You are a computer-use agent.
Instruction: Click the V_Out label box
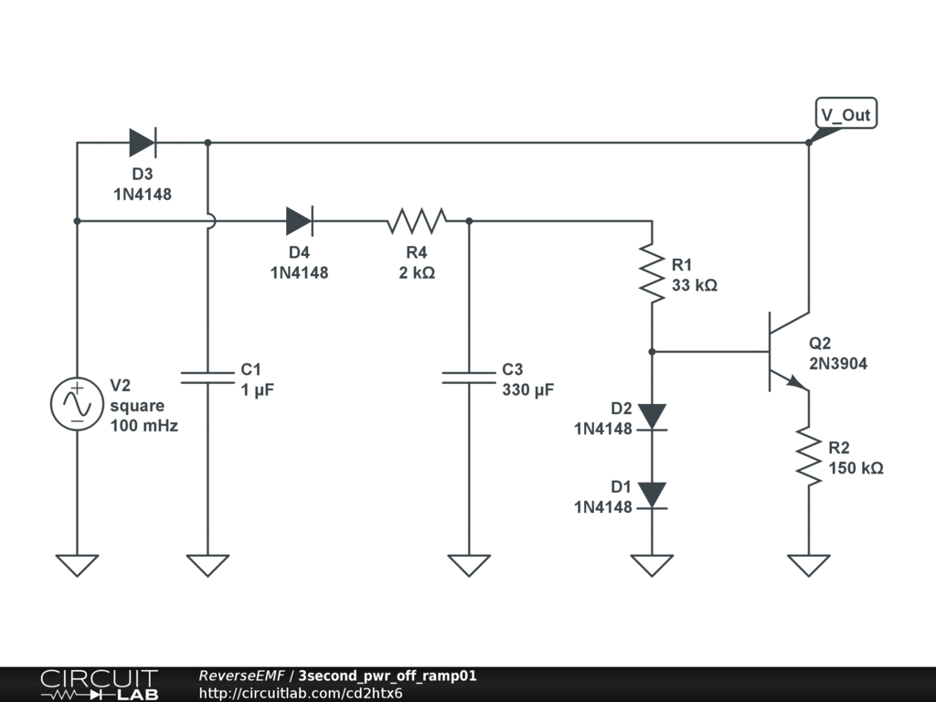tap(846, 113)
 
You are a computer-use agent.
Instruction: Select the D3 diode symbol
tap(143, 143)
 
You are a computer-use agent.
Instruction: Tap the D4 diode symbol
tap(300, 221)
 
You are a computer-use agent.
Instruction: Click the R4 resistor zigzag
tap(417, 221)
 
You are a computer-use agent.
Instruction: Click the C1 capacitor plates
tap(207, 378)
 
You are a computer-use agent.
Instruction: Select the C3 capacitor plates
tap(469, 378)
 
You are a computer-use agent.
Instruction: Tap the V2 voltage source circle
tap(77, 403)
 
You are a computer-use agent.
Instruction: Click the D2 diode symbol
tap(652, 417)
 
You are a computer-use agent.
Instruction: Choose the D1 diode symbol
tap(652, 495)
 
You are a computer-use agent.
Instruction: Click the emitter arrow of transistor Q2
tap(797, 382)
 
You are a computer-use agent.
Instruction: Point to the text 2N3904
tap(838, 364)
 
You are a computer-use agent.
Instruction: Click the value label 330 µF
tap(527, 389)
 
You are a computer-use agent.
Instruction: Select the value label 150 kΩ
tap(856, 468)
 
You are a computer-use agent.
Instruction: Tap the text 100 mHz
tap(144, 426)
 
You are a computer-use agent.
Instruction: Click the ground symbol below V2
tap(77, 565)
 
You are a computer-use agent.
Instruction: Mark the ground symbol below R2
tap(809, 565)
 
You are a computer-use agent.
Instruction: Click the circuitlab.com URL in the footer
tap(300, 693)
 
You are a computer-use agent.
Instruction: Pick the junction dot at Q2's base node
tap(652, 352)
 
